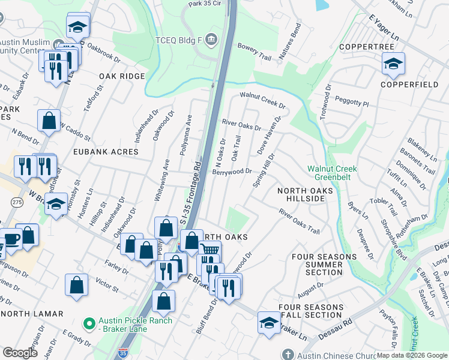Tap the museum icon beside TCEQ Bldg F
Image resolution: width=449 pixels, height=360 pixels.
click(211, 41)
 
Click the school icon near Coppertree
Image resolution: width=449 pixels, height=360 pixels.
click(393, 64)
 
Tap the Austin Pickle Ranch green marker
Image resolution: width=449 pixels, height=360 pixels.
click(90, 325)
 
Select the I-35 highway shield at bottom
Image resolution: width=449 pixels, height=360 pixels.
click(124, 353)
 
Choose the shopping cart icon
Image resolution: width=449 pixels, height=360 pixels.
click(209, 250)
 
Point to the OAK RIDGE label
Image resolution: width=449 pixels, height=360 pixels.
click(122, 76)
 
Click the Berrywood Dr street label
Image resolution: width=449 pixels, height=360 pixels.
click(232, 171)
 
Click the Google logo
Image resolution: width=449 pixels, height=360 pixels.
click(20, 353)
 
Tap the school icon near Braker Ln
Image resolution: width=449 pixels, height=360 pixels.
click(269, 322)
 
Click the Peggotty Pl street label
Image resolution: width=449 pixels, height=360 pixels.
click(352, 100)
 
